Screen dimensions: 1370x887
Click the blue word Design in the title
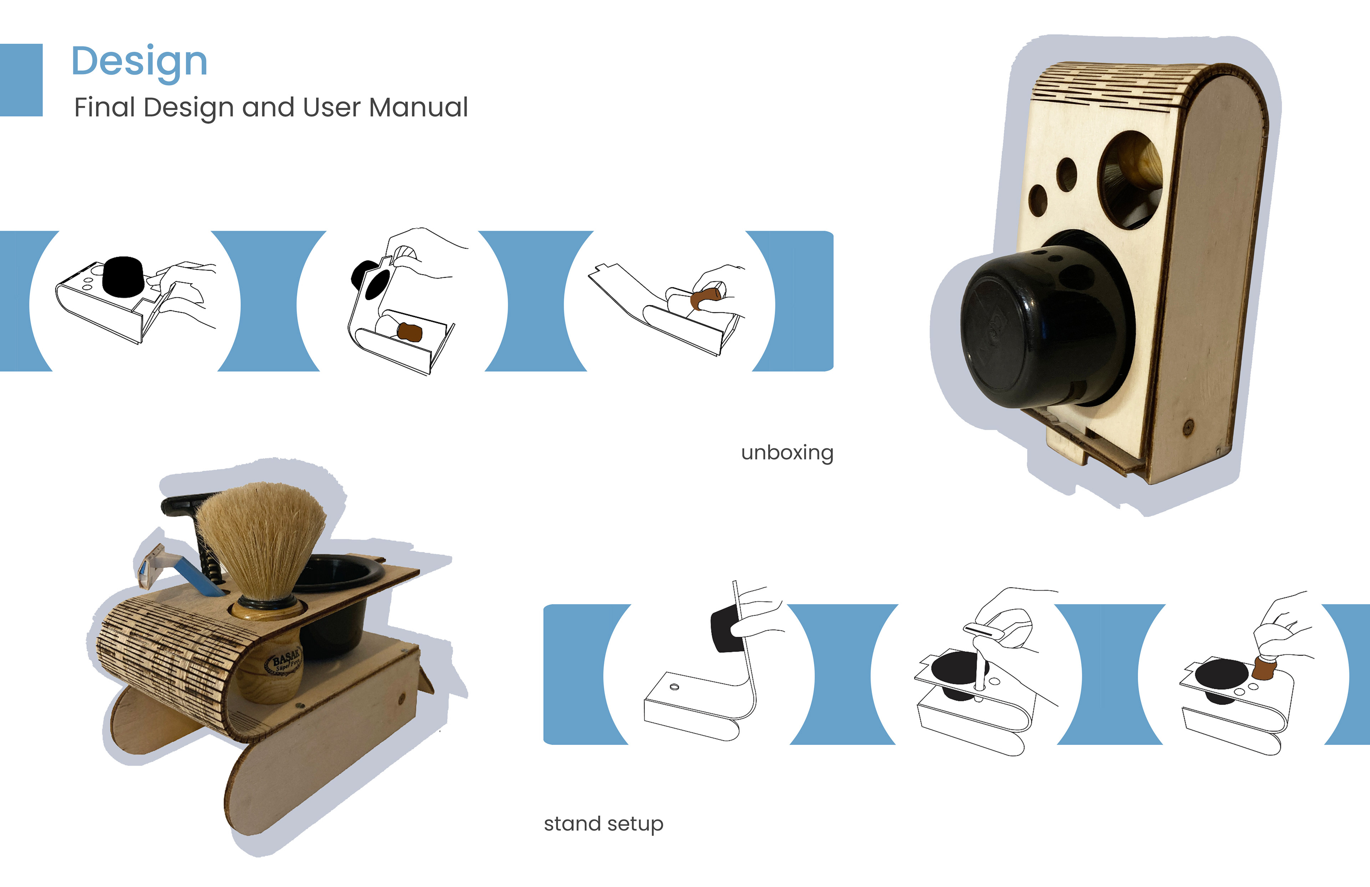[x=139, y=61]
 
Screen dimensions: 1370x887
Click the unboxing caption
[x=787, y=453]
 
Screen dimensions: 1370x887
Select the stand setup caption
[x=603, y=824]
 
